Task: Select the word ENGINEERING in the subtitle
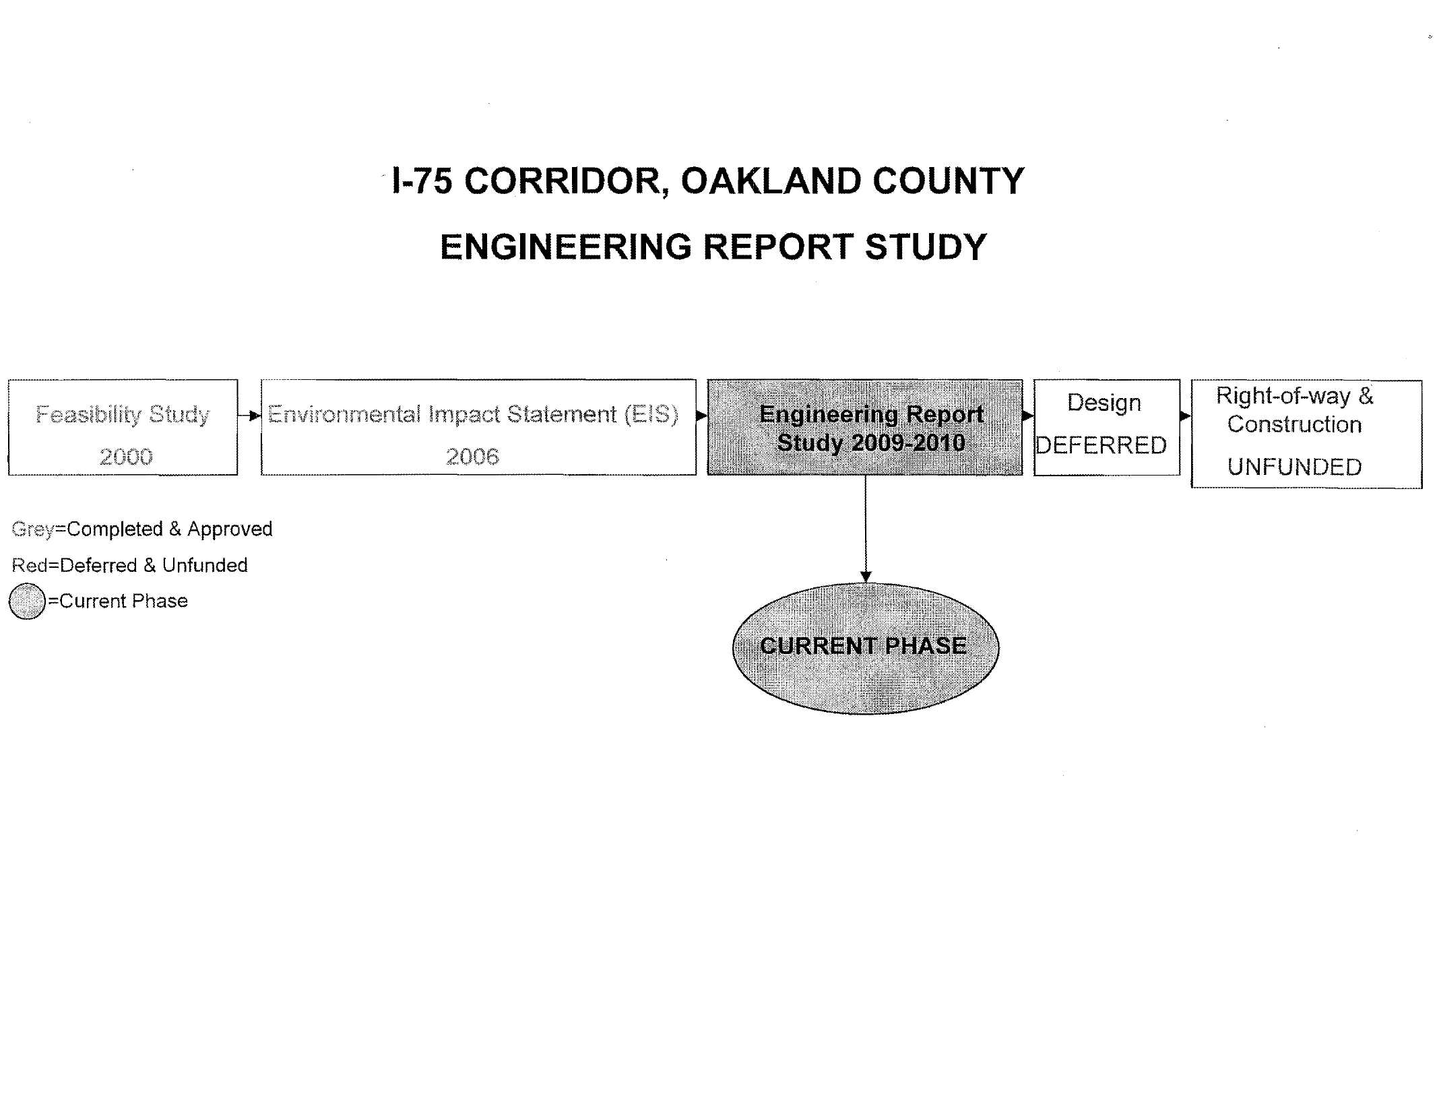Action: pyautogui.click(x=566, y=247)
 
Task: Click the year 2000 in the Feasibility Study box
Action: pyautogui.click(x=126, y=457)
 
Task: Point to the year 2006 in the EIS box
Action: pyautogui.click(x=472, y=457)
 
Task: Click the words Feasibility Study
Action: pyautogui.click(x=123, y=414)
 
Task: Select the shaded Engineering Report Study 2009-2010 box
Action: pyautogui.click(x=865, y=428)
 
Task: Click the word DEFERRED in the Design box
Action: pyautogui.click(x=1101, y=445)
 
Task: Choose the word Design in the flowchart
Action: pyautogui.click(x=1104, y=403)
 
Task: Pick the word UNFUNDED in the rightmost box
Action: pyautogui.click(x=1294, y=467)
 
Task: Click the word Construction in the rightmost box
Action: pyautogui.click(x=1294, y=424)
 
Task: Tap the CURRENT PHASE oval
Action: pyautogui.click(x=866, y=649)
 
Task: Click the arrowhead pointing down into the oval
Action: pyautogui.click(x=866, y=577)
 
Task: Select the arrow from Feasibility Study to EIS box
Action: pyautogui.click(x=249, y=416)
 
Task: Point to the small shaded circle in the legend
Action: pyautogui.click(x=27, y=601)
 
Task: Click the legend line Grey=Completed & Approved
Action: pyautogui.click(x=142, y=529)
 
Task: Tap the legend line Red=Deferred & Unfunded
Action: pyautogui.click(x=130, y=565)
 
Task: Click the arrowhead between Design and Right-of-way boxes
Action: pyautogui.click(x=1186, y=416)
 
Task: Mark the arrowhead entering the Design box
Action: pyautogui.click(x=1029, y=416)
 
